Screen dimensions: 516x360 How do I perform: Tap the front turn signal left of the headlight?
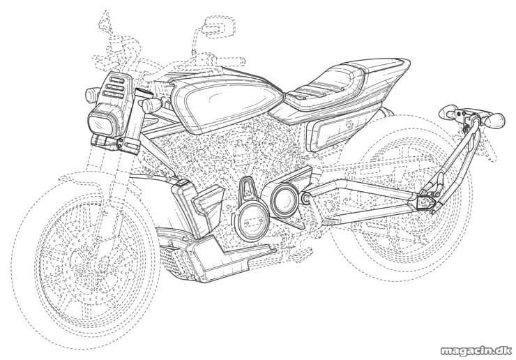[92, 95]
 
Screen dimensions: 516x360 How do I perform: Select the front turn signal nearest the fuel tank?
[151, 106]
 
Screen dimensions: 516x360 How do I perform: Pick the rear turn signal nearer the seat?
[450, 112]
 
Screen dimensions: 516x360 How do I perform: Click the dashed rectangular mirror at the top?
[219, 26]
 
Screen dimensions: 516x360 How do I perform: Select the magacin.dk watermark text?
[476, 351]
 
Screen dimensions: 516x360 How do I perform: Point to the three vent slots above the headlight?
[114, 87]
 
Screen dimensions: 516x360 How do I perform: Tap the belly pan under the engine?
[227, 259]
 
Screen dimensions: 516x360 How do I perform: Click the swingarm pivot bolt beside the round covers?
[305, 198]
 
